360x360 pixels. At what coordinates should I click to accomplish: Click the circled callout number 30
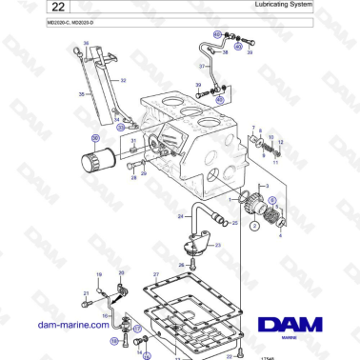pyautogui.click(x=96, y=135)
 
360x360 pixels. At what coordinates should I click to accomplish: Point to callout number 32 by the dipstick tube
pyautogui.click(x=123, y=81)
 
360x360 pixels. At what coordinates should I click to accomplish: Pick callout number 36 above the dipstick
pyautogui.click(x=86, y=45)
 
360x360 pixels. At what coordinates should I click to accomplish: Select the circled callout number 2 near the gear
pyautogui.click(x=254, y=227)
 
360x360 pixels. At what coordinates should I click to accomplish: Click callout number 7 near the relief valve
pyautogui.click(x=253, y=127)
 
